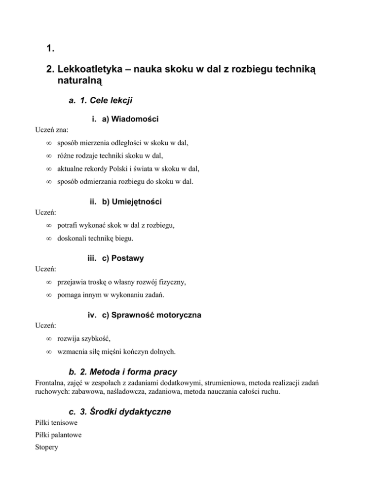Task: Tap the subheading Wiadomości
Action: pos(130,119)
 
